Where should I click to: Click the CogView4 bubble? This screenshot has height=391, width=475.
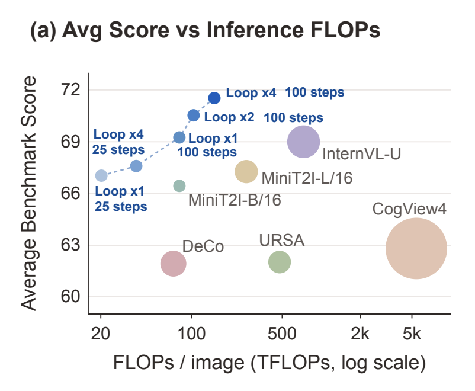416,249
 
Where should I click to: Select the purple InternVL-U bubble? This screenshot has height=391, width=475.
304,142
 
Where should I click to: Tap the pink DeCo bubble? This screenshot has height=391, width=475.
174,264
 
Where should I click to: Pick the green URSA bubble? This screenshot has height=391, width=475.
280,262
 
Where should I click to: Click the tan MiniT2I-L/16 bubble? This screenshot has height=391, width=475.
246,172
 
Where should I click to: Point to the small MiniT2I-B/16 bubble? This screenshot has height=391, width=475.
179,186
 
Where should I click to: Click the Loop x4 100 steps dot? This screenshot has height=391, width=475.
214,98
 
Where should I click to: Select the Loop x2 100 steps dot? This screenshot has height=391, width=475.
194,115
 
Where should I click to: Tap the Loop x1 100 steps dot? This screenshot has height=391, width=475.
179,137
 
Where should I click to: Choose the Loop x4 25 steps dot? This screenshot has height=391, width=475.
136,166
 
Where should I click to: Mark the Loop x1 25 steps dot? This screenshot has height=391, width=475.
101,175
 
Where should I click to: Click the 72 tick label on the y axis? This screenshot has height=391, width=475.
70,89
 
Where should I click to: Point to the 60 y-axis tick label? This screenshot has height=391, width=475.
70,296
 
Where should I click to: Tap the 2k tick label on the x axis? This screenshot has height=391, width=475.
360,334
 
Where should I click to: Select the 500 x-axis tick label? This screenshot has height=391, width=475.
282,334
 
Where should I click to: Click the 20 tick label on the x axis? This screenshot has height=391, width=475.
101,334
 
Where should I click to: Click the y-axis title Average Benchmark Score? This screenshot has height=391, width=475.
29,193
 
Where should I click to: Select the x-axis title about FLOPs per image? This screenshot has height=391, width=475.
269,363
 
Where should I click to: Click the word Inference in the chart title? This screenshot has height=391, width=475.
255,30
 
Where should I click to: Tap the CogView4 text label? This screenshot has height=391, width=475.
409,209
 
